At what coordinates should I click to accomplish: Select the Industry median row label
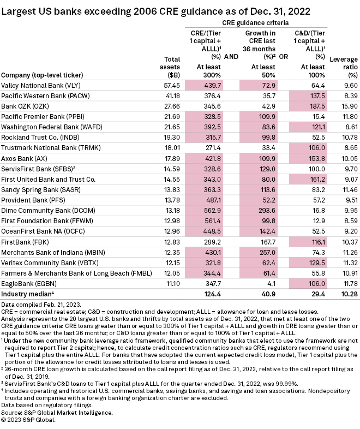(x=26, y=294)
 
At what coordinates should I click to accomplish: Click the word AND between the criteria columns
(x=231, y=56)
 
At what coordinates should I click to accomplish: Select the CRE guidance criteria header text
(x=255, y=23)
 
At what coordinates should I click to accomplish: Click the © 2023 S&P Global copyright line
(x=33, y=419)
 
